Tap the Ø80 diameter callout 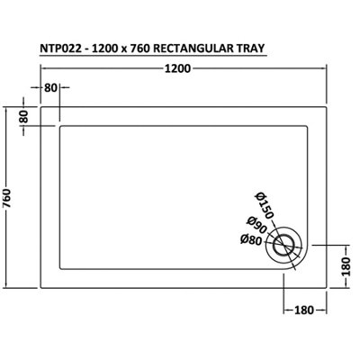(250, 239)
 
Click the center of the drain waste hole (286, 243)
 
